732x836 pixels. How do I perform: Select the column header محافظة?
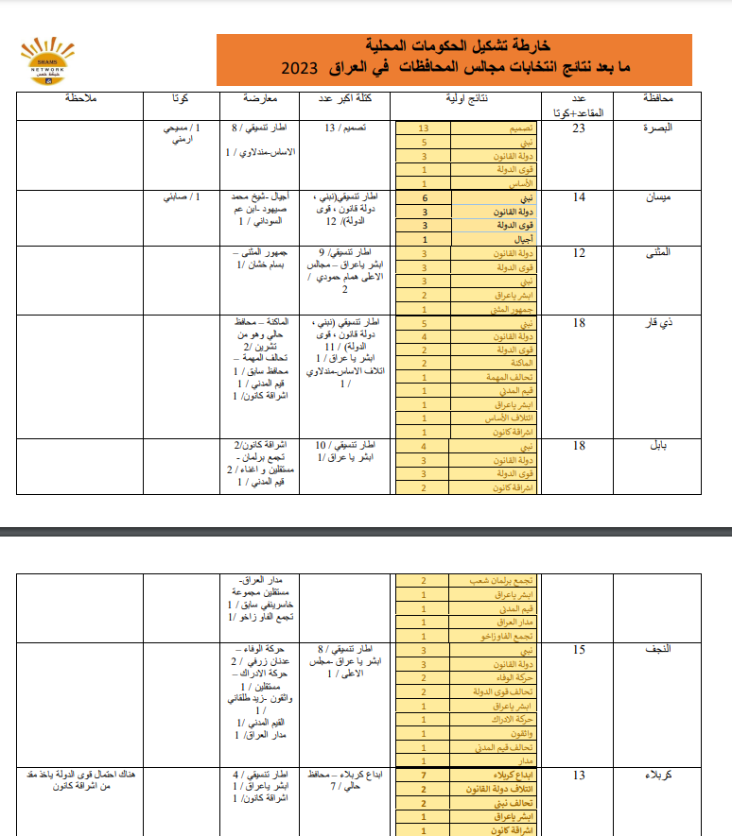coord(656,98)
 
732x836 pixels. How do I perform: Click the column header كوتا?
coord(179,98)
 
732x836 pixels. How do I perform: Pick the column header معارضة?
coord(260,98)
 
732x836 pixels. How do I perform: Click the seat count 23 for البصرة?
coord(581,129)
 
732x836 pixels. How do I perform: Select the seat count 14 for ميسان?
coord(581,197)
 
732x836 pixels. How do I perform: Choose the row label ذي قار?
coord(659,323)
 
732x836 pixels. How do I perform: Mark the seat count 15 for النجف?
coord(581,650)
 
